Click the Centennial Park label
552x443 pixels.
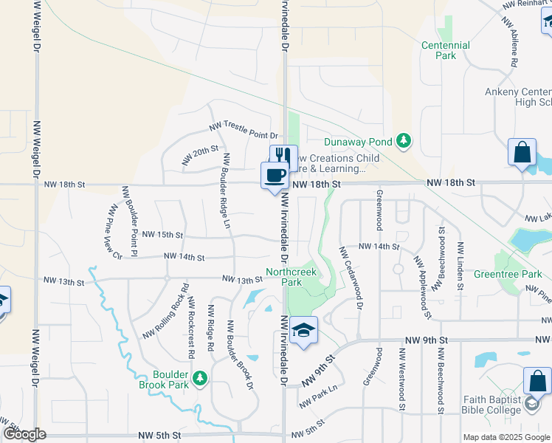pos(445,50)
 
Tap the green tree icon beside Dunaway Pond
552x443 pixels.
pos(403,140)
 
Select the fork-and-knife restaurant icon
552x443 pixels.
pos(281,155)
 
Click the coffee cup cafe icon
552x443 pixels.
pos(275,175)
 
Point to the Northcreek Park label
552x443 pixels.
pos(283,277)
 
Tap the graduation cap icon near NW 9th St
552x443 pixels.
pos(303,330)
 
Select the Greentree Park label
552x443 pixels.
pos(512,274)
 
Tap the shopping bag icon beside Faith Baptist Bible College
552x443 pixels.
pos(537,381)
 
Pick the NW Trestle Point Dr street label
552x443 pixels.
pos(243,131)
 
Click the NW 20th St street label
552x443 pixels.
pos(201,154)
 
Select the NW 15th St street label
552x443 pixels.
pos(162,234)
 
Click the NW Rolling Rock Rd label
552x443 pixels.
pos(165,312)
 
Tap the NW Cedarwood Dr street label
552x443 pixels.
pos(351,277)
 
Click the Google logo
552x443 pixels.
pos(24,434)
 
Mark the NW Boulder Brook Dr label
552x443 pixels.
pos(240,354)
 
